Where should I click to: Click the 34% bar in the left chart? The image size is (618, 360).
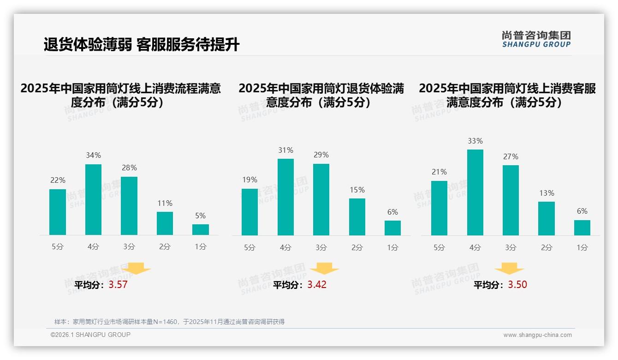pos(93,199)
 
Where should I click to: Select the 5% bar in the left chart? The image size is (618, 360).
pos(200,229)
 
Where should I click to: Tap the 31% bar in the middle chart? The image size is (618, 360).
pos(285,197)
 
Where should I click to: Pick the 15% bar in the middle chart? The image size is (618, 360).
pos(357,217)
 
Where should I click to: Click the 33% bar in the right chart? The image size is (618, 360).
pos(475,192)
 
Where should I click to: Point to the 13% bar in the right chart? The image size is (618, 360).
pos(547,218)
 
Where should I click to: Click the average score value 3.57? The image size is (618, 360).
pos(118,285)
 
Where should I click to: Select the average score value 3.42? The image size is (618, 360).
pos(317,285)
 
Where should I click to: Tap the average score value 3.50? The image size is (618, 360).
pos(517,285)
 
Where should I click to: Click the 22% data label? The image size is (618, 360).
pos(58,180)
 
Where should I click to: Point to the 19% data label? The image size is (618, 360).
pos(250,180)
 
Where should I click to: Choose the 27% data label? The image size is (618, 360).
pos(511,156)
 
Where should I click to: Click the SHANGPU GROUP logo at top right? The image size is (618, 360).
pos(536,39)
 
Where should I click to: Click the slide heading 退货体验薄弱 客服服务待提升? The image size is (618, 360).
pos(142,45)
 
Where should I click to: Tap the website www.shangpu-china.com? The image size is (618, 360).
pos(537,335)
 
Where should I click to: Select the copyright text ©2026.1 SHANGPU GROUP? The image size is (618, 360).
pos(90,335)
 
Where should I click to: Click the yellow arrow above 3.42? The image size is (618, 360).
pos(324,269)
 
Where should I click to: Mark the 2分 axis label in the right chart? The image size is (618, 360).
pos(547,247)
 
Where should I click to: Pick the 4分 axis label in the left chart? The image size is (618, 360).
pos(93,246)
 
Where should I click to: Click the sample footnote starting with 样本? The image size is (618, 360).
pos(169,322)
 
